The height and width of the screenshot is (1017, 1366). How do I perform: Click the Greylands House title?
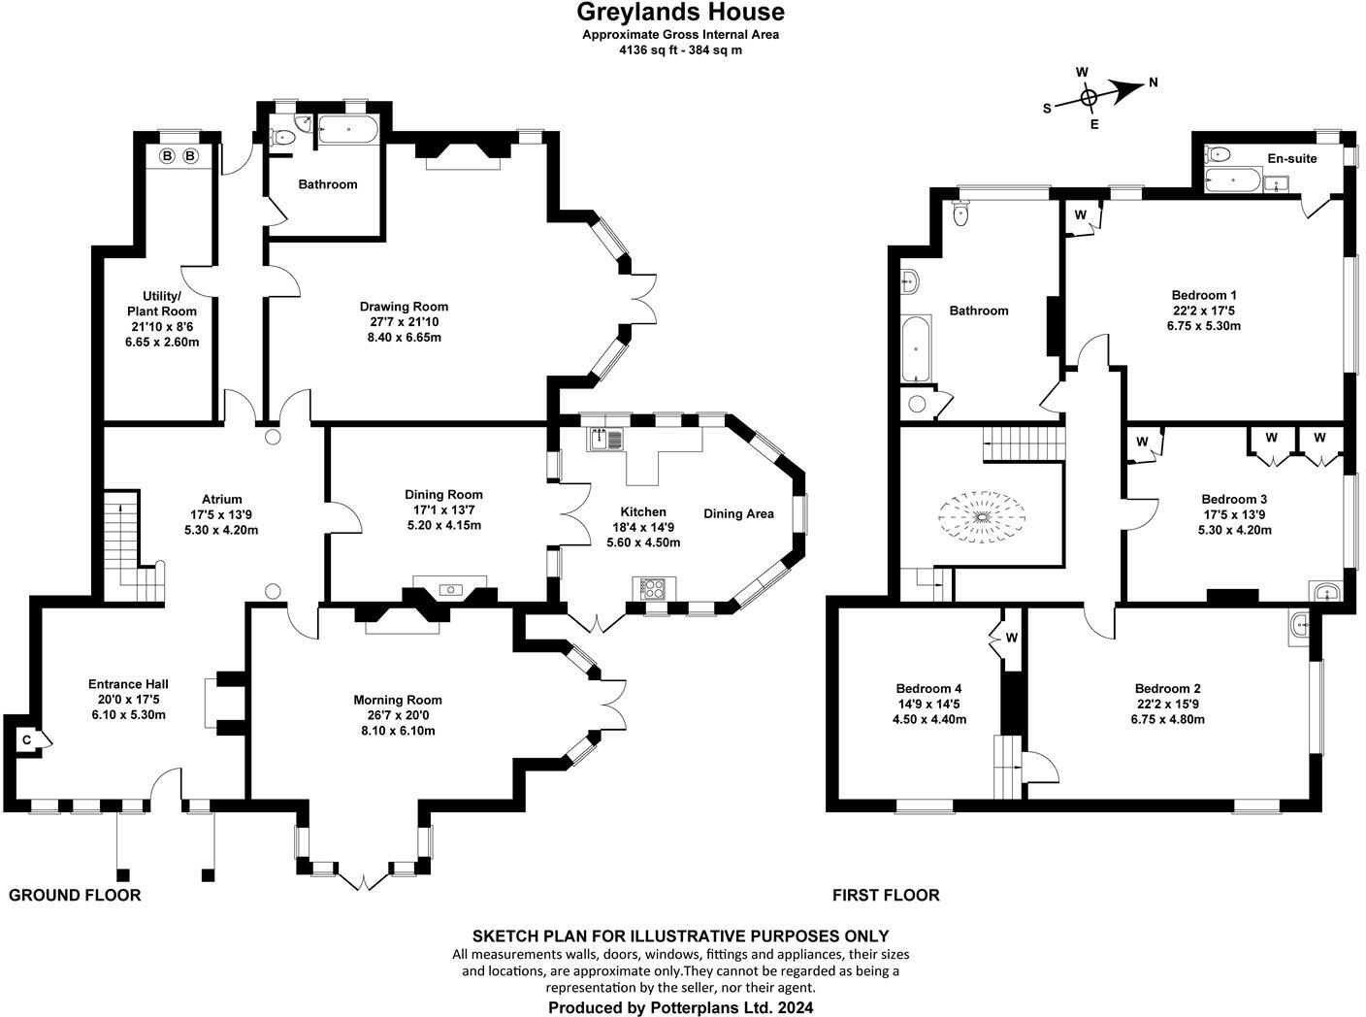(680, 13)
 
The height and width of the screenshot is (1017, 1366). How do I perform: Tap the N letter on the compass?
(1153, 82)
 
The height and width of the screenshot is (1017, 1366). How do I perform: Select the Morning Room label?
(397, 700)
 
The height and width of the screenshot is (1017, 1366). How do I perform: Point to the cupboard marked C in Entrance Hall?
(27, 740)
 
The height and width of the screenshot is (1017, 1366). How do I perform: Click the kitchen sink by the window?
(606, 440)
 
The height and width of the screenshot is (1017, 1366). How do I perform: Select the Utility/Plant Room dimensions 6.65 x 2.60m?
(162, 342)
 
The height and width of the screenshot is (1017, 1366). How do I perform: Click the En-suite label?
(1291, 158)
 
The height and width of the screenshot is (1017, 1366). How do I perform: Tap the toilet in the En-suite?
(1219, 153)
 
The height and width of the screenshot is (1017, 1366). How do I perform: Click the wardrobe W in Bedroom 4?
(1010, 638)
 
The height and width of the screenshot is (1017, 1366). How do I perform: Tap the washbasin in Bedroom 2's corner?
(1299, 627)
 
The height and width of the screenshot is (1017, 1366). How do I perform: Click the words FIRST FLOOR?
(886, 895)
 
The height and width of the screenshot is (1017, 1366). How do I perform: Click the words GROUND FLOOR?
(75, 895)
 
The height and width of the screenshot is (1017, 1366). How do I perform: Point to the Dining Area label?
(738, 513)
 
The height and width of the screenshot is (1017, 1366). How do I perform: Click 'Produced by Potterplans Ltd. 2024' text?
(680, 1007)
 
